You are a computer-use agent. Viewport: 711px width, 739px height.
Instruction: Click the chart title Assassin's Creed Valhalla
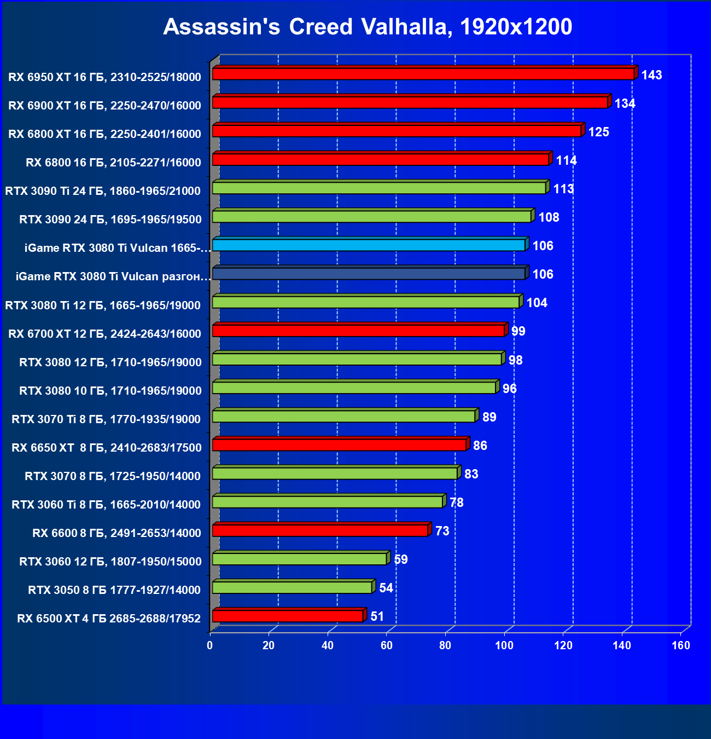point(368,27)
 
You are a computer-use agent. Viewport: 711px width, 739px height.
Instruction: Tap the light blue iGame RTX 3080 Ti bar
point(369,245)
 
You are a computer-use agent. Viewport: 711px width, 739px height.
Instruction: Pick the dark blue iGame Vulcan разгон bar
point(369,274)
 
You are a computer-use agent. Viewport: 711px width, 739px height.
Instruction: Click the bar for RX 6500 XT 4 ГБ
point(288,616)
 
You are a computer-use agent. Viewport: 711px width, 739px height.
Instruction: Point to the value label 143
point(651,75)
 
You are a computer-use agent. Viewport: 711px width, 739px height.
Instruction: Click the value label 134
point(625,103)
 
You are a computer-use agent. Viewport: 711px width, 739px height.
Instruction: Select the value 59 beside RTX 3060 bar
point(401,559)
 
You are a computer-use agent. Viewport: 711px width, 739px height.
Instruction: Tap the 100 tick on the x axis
point(504,645)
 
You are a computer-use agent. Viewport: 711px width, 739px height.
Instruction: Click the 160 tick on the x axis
point(681,645)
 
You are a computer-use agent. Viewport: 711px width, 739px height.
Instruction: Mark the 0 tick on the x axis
point(210,645)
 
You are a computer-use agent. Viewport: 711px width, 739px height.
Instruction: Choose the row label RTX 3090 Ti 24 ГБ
point(103,191)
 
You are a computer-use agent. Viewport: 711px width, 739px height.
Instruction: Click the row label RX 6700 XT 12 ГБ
point(104,333)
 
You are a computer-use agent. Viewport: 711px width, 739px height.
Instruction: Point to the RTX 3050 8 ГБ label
point(114,590)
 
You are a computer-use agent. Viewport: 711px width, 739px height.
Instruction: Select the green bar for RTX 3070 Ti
point(343,417)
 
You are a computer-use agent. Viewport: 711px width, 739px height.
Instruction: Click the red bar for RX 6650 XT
point(339,445)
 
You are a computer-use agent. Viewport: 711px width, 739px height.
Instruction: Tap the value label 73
point(442,531)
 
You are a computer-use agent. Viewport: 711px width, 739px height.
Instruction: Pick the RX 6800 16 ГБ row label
point(113,162)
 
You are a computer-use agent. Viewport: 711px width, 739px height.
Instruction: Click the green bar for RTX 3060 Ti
point(327,502)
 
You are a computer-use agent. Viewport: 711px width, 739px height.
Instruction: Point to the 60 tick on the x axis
point(387,645)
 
